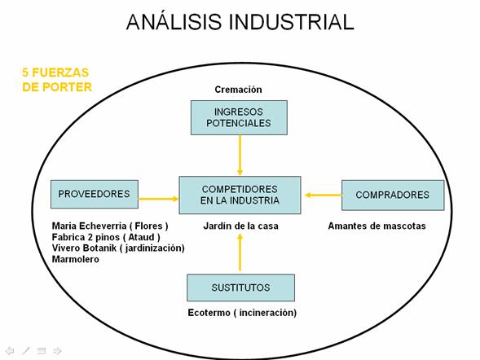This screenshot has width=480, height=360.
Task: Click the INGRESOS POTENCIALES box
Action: [x=239, y=117]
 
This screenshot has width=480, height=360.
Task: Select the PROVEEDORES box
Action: [x=95, y=194]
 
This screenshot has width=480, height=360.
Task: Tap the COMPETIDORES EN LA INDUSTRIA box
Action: [x=240, y=195]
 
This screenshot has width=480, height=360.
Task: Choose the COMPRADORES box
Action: [x=393, y=195]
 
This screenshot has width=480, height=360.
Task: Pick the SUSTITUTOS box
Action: [x=241, y=288]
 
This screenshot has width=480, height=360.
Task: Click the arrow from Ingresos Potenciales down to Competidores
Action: [x=240, y=155]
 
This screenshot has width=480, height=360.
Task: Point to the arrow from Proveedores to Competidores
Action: [x=159, y=199]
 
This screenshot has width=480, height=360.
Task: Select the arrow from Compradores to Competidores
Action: [x=324, y=195]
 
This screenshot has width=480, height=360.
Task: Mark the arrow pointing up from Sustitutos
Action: [x=240, y=252]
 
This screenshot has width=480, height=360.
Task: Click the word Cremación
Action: [x=238, y=90]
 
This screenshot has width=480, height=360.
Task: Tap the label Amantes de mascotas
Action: [x=377, y=226]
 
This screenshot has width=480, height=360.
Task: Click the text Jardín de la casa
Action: [x=240, y=226]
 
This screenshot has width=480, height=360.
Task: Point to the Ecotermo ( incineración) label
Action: [x=242, y=313]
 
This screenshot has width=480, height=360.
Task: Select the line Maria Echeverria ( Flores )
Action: [x=110, y=226]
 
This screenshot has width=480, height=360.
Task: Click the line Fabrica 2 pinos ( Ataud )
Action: [x=106, y=237]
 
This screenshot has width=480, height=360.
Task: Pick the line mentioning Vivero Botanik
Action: [x=118, y=248]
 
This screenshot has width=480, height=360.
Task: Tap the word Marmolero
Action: [x=76, y=259]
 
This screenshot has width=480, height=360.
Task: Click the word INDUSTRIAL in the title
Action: [x=291, y=22]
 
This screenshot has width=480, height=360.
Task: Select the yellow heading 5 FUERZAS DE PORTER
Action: [x=57, y=80]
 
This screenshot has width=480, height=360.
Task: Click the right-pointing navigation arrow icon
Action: [x=57, y=350]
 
